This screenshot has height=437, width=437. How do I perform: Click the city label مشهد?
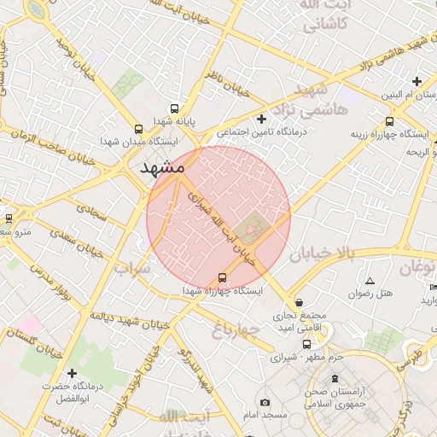coord(163,167)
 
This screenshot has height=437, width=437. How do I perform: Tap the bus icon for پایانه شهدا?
coord(175,109)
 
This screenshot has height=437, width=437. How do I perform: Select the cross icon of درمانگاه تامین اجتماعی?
coord(261,119)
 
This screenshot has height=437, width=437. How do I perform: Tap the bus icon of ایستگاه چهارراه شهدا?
coord(223,277)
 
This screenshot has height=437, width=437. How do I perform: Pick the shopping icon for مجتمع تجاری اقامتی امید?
coord(299,301)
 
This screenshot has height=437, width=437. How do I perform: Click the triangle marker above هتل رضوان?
coord(370,281)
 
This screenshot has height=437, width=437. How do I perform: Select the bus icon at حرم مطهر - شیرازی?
coord(307,344)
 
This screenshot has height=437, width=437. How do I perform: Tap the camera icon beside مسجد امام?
coord(265,402)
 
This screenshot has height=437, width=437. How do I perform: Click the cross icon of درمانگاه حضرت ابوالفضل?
coord(72,373)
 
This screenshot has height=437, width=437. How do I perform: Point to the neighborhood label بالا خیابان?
coord(319,253)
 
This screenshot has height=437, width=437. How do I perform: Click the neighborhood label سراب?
coord(132,268)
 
